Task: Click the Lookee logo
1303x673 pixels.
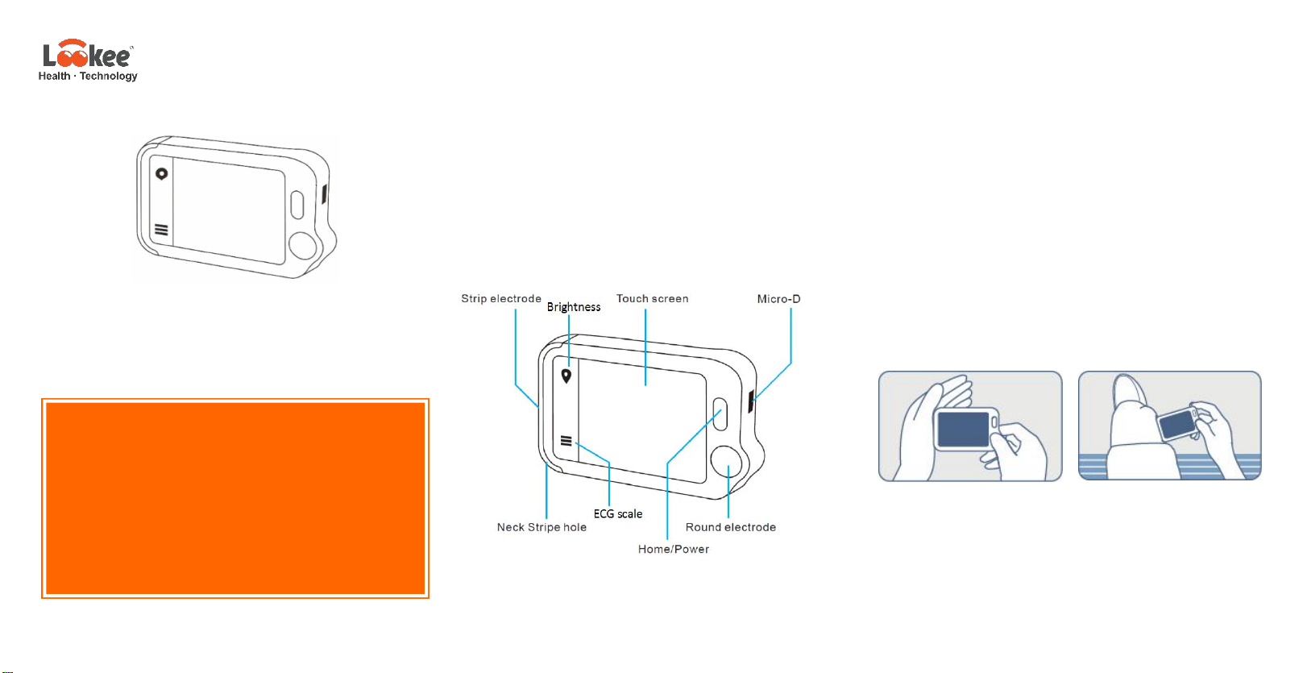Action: [x=87, y=55]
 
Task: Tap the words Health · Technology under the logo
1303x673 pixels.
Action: [x=88, y=77]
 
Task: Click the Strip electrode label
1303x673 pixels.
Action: [x=500, y=299]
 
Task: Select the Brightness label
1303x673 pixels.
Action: [x=573, y=307]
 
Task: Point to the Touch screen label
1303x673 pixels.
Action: [x=652, y=299]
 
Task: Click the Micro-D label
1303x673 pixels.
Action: [x=778, y=299]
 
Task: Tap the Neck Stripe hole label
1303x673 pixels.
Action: [x=542, y=527]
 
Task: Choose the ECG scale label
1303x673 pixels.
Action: [x=618, y=514]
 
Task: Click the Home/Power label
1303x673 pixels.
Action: [x=673, y=549]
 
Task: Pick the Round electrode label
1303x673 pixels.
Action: [x=730, y=527]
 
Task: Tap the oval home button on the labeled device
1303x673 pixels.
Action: [x=720, y=413]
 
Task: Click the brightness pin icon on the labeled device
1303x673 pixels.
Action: [x=566, y=376]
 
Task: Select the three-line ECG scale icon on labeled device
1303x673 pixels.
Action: [x=566, y=441]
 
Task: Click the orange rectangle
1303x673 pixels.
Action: [x=235, y=498]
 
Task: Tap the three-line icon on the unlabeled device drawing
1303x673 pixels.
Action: [x=161, y=230]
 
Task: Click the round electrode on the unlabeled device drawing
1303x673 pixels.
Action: [x=303, y=245]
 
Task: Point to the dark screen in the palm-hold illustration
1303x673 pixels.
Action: [x=963, y=429]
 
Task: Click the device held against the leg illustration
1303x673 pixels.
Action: [x=1177, y=422]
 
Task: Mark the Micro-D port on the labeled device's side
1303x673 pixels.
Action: [x=751, y=401]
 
